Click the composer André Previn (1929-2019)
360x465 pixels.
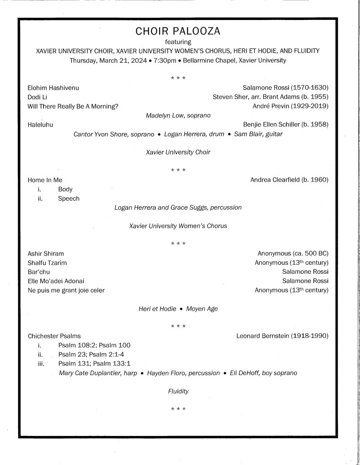290,106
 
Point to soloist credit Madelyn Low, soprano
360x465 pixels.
178,116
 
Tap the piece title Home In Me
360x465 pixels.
45,180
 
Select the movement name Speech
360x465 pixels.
69,198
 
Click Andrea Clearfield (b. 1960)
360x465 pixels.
289,180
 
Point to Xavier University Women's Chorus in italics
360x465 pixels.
178,226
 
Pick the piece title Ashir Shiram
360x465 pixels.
46,253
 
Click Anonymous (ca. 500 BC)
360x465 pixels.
293,253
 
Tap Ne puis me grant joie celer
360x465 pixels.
66,290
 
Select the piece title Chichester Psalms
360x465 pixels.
54,336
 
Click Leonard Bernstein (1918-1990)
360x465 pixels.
282,336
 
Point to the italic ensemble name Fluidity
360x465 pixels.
178,391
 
